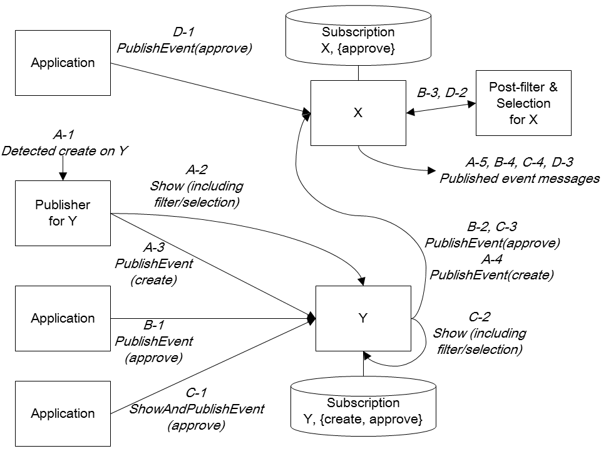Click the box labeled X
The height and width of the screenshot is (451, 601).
[x=358, y=113]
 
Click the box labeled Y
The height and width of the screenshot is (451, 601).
[x=362, y=318]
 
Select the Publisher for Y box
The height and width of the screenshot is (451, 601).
[x=63, y=213]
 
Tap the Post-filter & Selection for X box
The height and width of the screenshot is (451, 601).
[x=523, y=103]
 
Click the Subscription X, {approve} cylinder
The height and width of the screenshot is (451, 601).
[x=358, y=39]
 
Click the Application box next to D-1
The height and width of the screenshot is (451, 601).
[x=63, y=63]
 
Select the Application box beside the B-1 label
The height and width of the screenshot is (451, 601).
[x=63, y=318]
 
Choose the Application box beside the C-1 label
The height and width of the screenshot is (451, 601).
[x=63, y=413]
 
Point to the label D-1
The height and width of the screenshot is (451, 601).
[x=187, y=32]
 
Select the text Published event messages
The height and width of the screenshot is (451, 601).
[x=520, y=178]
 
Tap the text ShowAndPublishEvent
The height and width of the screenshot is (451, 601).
[x=196, y=409]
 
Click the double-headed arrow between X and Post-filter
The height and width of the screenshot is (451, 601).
[x=441, y=113]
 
